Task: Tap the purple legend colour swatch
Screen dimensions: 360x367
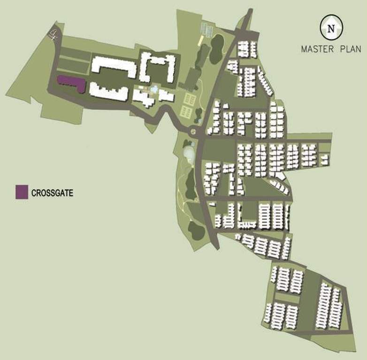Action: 21,192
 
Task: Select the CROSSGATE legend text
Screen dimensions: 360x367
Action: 52,193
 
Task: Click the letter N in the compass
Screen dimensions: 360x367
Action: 331,28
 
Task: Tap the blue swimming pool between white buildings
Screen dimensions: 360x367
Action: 154,89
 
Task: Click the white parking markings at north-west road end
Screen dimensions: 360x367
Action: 54,34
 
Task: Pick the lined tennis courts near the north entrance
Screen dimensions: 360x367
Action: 206,29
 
